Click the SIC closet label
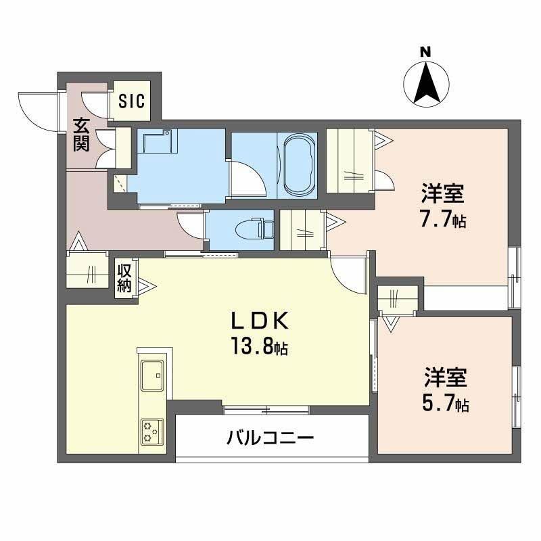point(131,101)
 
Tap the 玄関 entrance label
point(81,135)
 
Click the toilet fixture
point(255,229)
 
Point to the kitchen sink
point(153,375)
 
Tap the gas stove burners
point(152,431)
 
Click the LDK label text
point(260,321)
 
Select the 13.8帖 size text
point(260,346)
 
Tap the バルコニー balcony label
point(270,438)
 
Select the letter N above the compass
point(426,52)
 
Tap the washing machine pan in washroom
point(158,141)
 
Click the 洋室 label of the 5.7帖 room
point(446,378)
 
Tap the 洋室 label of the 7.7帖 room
point(443,193)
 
